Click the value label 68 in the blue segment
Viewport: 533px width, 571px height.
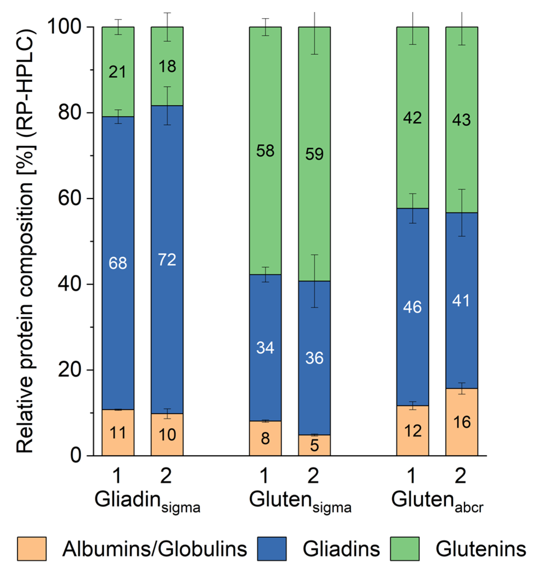coord(118,263)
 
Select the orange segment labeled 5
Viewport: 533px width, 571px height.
coord(314,445)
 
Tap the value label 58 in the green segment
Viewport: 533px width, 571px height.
coord(265,151)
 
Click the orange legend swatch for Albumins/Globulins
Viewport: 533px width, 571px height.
coord(32,549)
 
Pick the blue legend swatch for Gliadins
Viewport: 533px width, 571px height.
coord(272,549)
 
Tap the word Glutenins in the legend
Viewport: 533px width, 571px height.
coord(481,549)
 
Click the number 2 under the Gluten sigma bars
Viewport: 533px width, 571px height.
coord(313,476)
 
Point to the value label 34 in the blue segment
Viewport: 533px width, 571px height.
coord(265,348)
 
